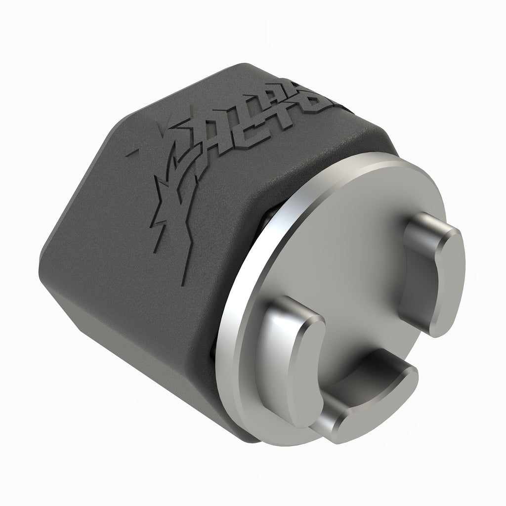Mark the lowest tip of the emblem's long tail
(183, 284)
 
